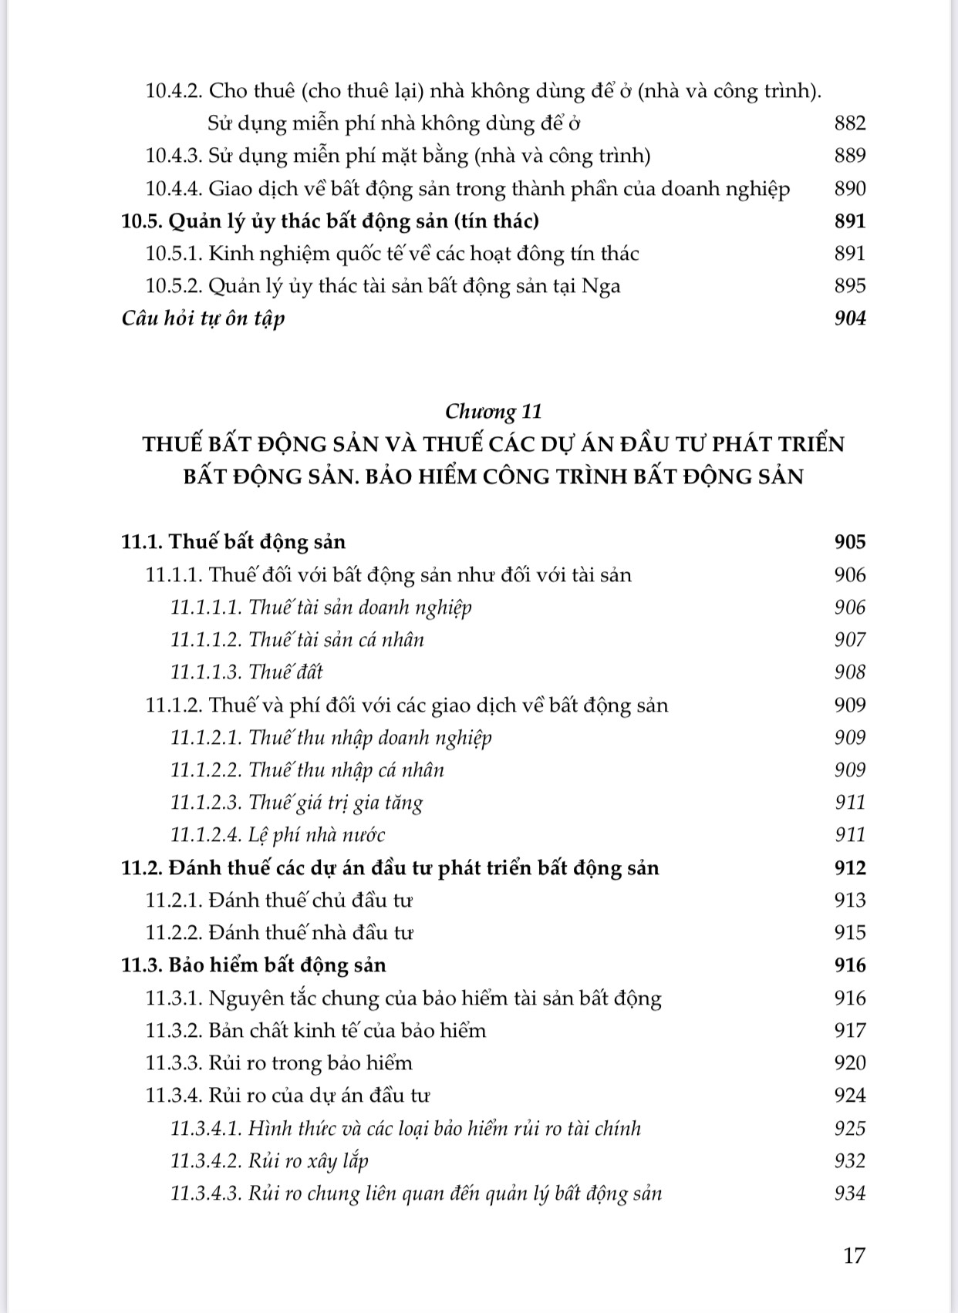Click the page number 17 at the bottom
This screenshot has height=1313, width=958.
click(854, 1255)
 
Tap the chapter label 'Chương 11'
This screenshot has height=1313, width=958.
click(494, 411)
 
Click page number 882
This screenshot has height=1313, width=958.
click(850, 123)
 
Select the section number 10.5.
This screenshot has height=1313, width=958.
click(142, 221)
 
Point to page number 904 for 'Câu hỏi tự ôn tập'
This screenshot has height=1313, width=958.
click(850, 318)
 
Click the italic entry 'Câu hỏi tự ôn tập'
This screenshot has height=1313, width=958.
click(204, 318)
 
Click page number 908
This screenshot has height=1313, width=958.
click(850, 672)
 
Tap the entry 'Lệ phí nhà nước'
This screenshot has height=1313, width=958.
click(316, 835)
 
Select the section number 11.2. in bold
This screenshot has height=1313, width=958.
click(142, 868)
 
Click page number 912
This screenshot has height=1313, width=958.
click(850, 868)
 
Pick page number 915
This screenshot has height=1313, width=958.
click(850, 933)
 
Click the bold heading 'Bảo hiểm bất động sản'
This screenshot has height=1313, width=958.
click(277, 965)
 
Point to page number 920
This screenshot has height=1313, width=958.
click(850, 1063)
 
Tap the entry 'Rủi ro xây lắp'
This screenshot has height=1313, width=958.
click(309, 1161)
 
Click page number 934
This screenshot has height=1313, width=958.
click(850, 1193)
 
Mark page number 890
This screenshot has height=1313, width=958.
click(850, 189)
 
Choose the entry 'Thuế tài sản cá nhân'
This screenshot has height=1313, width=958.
click(336, 640)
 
